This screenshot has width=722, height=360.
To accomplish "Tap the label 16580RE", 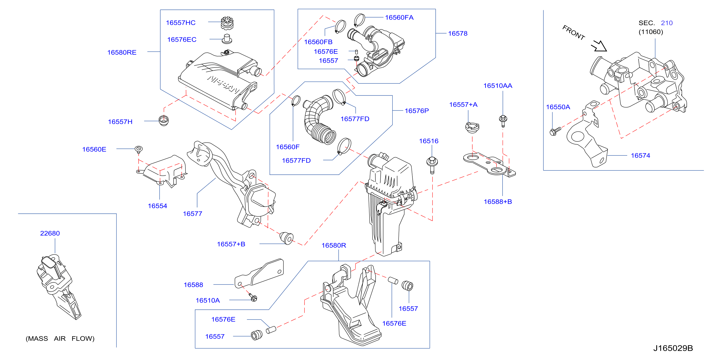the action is pos(122,52).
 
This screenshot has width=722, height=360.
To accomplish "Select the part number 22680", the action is pos(50,233).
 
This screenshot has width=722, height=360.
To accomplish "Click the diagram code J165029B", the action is pos(673,348).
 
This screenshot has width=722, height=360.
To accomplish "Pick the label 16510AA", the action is pos(498,86).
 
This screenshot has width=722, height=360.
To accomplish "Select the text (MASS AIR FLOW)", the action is pos(60,339).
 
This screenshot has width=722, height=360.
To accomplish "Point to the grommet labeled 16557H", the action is pos(164,120).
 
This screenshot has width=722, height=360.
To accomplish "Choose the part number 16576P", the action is pos(417,111).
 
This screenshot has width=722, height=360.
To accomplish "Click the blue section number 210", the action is pos(667,23).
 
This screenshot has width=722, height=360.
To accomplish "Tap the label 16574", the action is pos(641,155).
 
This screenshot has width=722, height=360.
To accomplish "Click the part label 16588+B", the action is pos(498,202).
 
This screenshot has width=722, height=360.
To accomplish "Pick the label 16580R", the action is pos(334,245).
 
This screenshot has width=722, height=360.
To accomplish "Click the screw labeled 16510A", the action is pos(253,298).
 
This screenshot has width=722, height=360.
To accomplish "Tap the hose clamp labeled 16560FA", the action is pos(359,20).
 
